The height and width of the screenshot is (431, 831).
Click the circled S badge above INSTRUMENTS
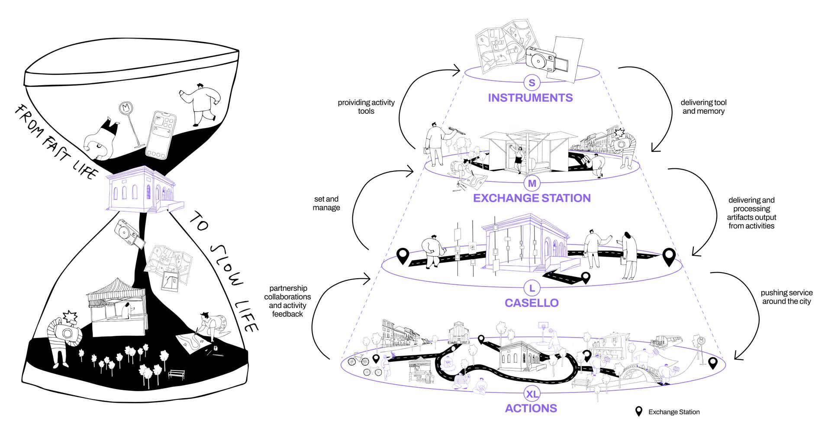coord(531,82)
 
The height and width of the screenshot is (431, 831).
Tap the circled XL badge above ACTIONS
coord(532,394)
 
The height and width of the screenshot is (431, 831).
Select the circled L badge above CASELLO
coord(532,288)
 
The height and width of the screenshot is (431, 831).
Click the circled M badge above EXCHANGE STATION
coord(532,183)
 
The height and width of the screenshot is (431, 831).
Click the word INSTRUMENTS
coord(530,98)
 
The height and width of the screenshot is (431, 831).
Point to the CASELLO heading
coord(531,303)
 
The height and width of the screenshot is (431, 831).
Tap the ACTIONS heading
coord(531,408)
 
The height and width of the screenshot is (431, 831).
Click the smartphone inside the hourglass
coord(161,135)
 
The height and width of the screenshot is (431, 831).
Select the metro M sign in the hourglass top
coord(127,108)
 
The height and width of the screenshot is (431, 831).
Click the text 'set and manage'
coord(326,203)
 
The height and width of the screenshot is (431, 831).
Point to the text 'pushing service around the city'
coord(786,297)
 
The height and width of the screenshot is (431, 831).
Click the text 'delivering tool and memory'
coord(703,107)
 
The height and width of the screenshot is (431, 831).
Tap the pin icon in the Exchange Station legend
coord(638,412)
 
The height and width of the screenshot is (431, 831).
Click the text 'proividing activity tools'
coord(366,107)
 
